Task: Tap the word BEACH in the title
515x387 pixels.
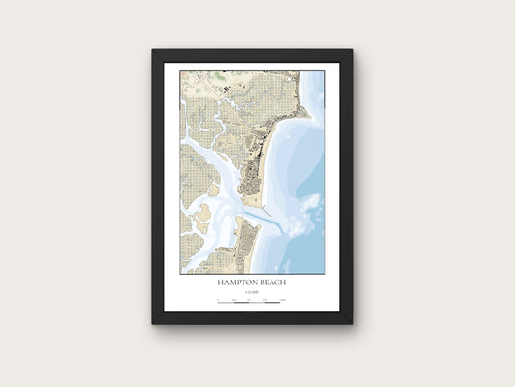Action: pos(272,283)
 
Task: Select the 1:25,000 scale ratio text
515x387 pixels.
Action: pos(251,292)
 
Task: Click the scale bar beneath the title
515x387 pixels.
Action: pos(251,303)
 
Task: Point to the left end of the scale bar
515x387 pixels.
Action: pos(219,303)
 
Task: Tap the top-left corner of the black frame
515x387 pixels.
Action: pos(152,50)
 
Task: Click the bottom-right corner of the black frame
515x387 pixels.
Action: pos(353,323)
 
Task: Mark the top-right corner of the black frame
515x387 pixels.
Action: pos(353,50)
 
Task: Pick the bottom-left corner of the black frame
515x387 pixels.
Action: pos(152,323)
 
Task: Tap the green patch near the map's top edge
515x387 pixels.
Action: pos(220,74)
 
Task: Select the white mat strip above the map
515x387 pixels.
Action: pos(251,66)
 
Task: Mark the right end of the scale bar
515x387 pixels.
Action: pos(284,303)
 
